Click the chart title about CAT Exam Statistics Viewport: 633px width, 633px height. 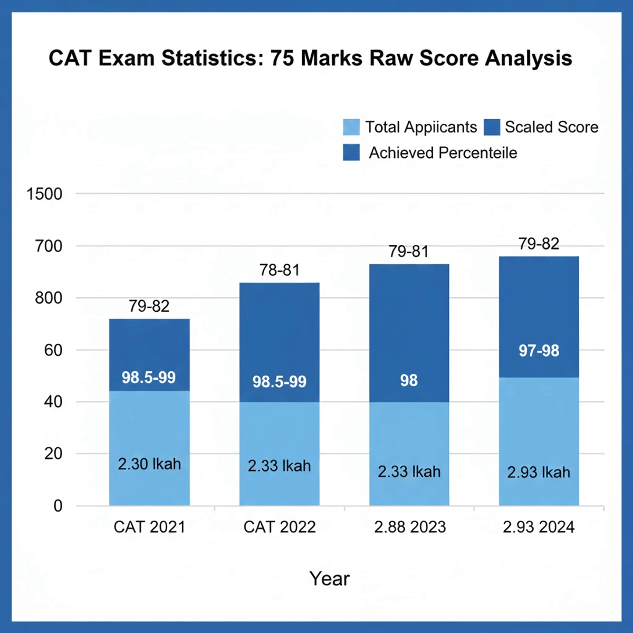pyautogui.click(x=310, y=58)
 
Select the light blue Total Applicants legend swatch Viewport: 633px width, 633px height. pyautogui.click(x=351, y=127)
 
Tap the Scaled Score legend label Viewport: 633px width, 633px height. pyautogui.click(x=551, y=127)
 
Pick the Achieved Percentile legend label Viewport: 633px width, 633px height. pyautogui.click(x=443, y=153)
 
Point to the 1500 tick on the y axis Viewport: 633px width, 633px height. pyautogui.click(x=44, y=194)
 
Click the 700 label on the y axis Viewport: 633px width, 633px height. pyautogui.click(x=49, y=246)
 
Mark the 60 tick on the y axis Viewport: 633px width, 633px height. pyautogui.click(x=53, y=350)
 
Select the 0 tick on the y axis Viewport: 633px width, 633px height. pyautogui.click(x=57, y=506)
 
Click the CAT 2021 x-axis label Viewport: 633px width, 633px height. pyautogui.click(x=149, y=527)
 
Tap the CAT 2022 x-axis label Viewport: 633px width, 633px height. pyautogui.click(x=279, y=527)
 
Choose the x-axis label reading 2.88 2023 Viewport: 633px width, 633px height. pyautogui.click(x=410, y=527)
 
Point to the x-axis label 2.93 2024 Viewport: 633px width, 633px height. pyautogui.click(x=539, y=527)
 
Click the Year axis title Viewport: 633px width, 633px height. pyautogui.click(x=329, y=579)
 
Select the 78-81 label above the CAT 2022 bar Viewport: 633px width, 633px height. pyautogui.click(x=279, y=270)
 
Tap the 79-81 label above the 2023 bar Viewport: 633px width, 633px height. pyautogui.click(x=409, y=252)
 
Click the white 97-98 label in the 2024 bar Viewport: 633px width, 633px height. pyautogui.click(x=539, y=351)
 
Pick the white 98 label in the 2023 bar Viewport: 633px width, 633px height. pyautogui.click(x=409, y=380)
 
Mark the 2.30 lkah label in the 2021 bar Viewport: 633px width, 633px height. pyautogui.click(x=149, y=464)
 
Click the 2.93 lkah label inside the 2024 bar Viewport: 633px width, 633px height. pyautogui.click(x=539, y=472)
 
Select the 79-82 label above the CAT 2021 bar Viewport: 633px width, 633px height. pyautogui.click(x=149, y=306)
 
